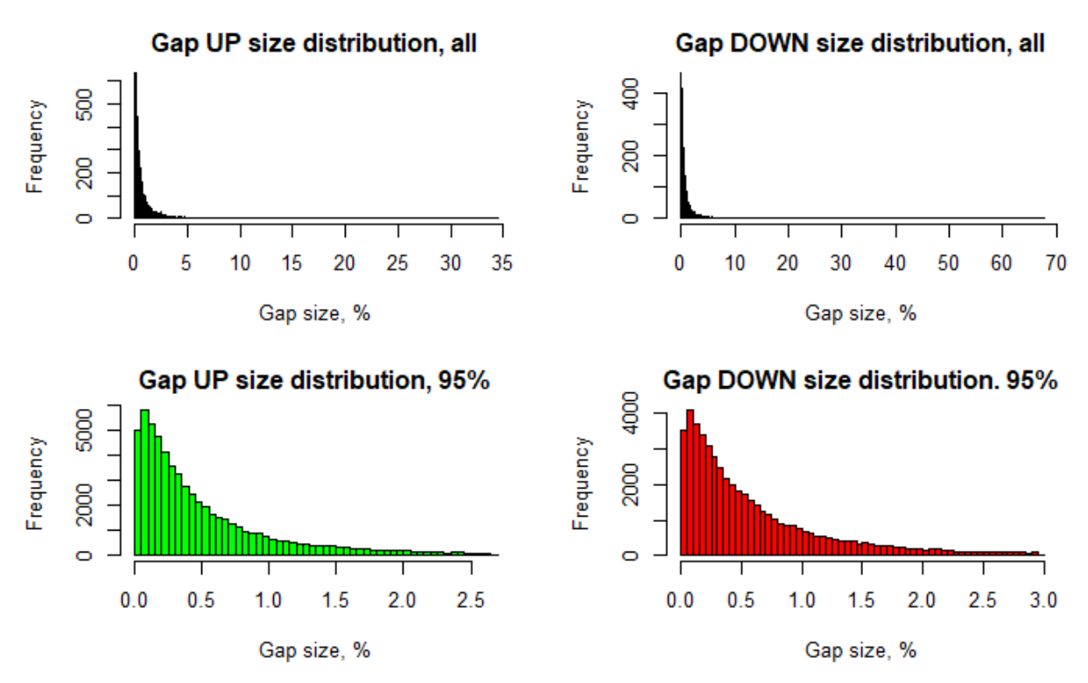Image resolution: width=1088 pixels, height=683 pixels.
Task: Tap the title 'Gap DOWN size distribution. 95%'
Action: pyautogui.click(x=860, y=381)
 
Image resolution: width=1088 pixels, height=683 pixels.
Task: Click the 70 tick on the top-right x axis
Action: pyautogui.click(x=1056, y=263)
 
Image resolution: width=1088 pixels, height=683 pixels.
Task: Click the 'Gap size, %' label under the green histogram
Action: pyautogui.click(x=314, y=650)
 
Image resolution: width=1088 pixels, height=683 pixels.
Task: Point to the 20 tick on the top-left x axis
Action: pyautogui.click(x=346, y=263)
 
